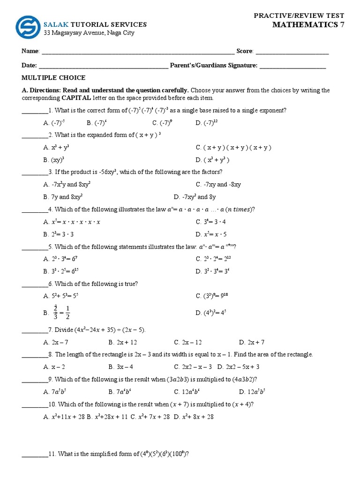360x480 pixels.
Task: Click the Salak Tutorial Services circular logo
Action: [x=28, y=27]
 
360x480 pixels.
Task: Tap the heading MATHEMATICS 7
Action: [x=308, y=25]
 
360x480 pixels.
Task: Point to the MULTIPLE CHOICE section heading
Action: [x=53, y=78]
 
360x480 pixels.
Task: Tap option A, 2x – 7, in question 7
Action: [x=56, y=342]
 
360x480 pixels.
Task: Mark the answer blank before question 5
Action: [x=35, y=247]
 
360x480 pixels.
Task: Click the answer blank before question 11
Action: [x=35, y=454]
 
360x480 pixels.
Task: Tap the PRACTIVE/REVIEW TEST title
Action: [x=299, y=15]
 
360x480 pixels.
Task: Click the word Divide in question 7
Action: [x=64, y=330]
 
